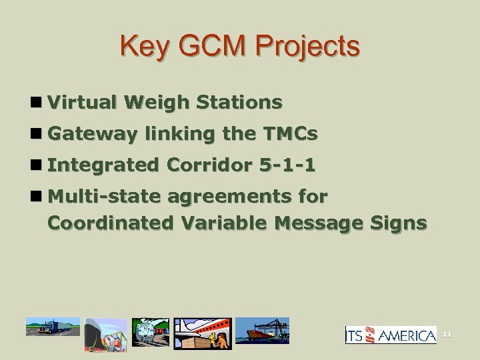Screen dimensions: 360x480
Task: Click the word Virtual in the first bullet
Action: pyautogui.click(x=84, y=103)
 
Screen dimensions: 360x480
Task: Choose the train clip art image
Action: pyautogui.click(x=151, y=332)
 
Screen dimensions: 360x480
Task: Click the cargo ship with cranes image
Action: pyautogui.click(x=265, y=331)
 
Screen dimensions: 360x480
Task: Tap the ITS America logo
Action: pyautogui.click(x=391, y=335)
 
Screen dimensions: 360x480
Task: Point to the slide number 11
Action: pyautogui.click(x=447, y=335)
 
